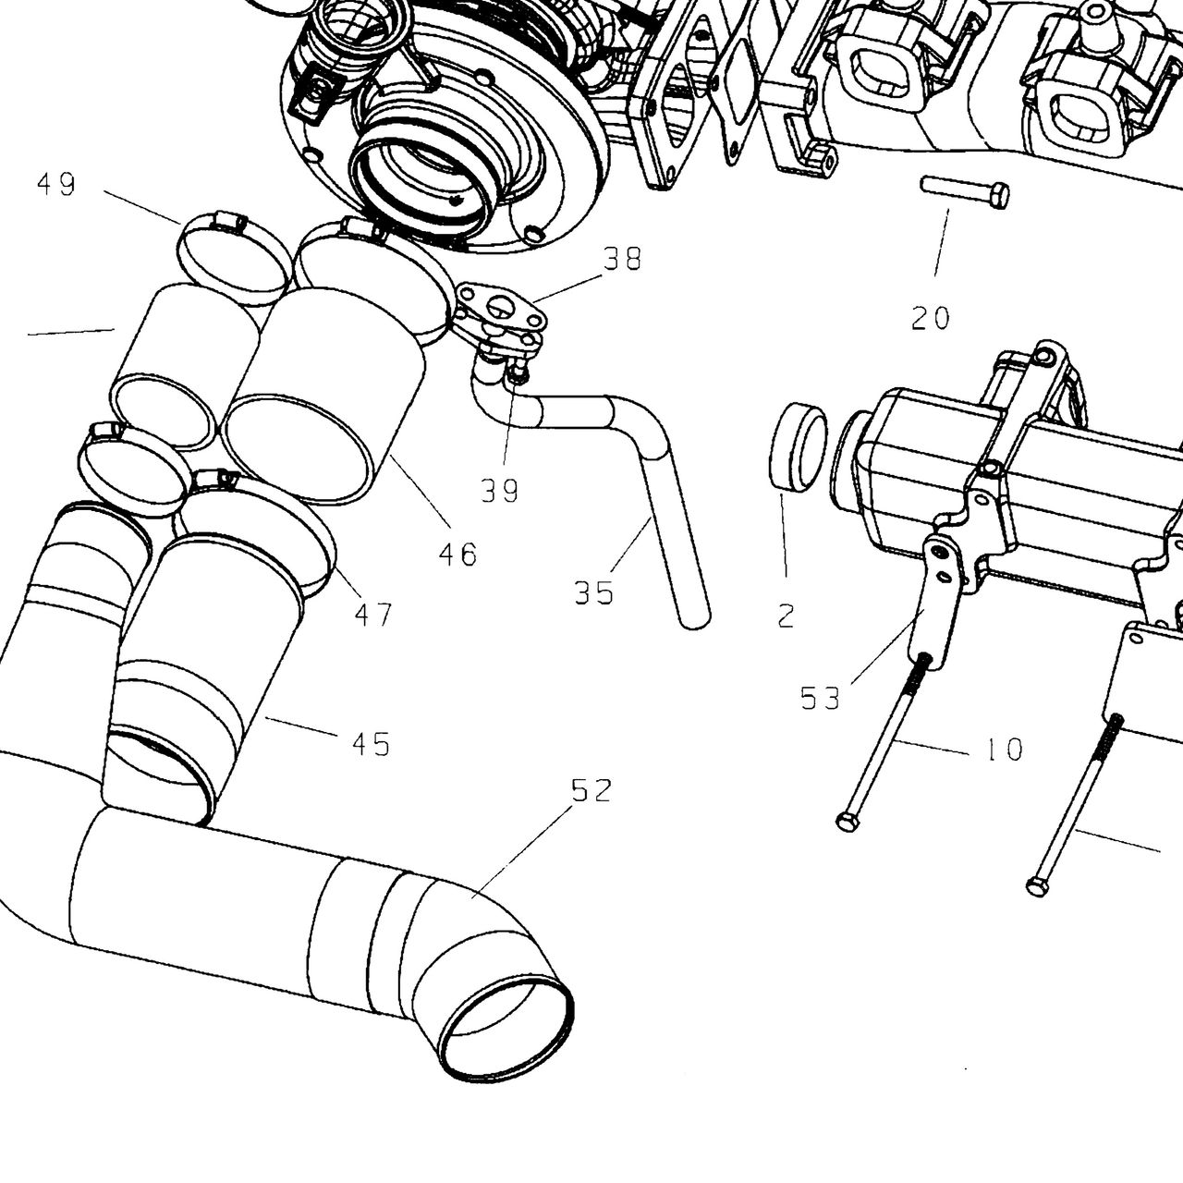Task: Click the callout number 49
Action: (x=56, y=184)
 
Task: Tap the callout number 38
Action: (x=623, y=259)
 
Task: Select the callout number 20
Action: (x=931, y=318)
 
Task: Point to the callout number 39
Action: (x=500, y=491)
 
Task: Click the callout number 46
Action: (x=458, y=555)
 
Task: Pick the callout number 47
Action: (x=373, y=615)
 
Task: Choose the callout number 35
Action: (x=594, y=593)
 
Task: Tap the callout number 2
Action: (x=787, y=616)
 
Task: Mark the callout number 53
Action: (x=821, y=699)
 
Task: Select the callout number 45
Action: (x=372, y=745)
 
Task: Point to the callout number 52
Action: (x=591, y=791)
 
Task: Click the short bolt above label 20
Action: (x=965, y=193)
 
